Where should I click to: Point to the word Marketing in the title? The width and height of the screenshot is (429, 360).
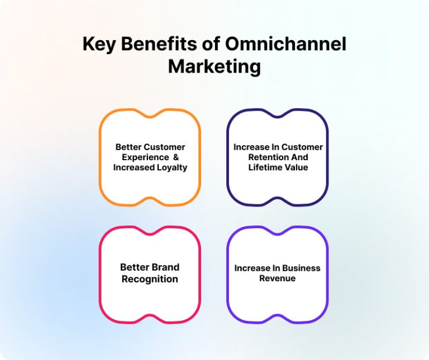tap(214, 66)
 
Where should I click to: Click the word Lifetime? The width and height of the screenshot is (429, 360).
tap(266, 167)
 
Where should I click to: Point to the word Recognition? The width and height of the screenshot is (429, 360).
tap(150, 279)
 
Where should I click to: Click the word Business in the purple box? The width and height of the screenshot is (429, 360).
tap(301, 268)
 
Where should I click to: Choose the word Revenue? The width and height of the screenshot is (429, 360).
tap(277, 278)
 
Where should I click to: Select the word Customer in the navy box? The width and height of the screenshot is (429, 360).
tap(302, 147)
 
